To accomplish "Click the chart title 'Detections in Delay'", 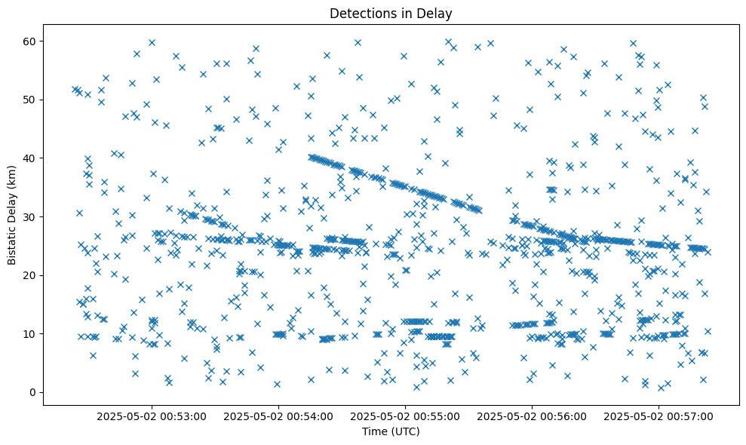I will click(391, 13).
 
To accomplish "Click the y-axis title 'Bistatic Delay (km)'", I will click(13, 213).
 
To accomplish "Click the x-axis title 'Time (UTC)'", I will click(391, 431).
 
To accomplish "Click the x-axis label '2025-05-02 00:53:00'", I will click(152, 416).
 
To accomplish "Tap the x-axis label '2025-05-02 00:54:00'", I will click(278, 416).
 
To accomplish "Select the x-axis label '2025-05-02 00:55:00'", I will click(405, 416).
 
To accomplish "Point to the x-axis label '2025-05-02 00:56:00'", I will click(532, 416).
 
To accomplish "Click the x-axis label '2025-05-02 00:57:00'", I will click(659, 416).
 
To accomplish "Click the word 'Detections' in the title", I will click(358, 13).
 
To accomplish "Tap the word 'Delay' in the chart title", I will click(436, 13).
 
